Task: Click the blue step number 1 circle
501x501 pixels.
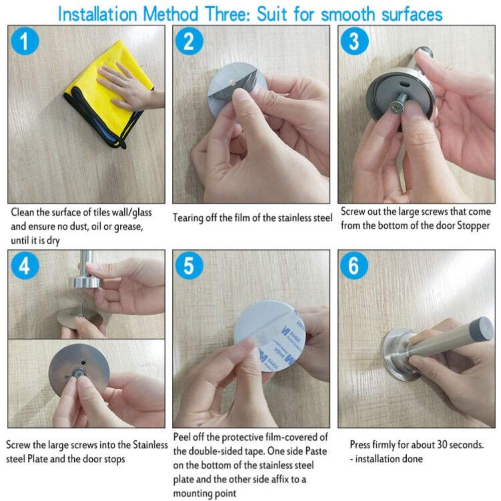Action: click(x=25, y=41)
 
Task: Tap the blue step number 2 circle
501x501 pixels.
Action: click(x=189, y=41)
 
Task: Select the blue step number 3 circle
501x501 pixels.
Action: click(x=355, y=41)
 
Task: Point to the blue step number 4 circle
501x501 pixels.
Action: click(x=25, y=266)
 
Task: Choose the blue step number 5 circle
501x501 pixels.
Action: click(x=189, y=266)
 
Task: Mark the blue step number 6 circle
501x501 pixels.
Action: click(x=354, y=266)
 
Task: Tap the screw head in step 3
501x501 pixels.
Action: click(x=396, y=107)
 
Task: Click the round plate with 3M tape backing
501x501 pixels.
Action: click(x=270, y=336)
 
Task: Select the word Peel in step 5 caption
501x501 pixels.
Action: click(x=182, y=437)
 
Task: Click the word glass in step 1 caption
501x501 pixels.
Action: click(x=142, y=213)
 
